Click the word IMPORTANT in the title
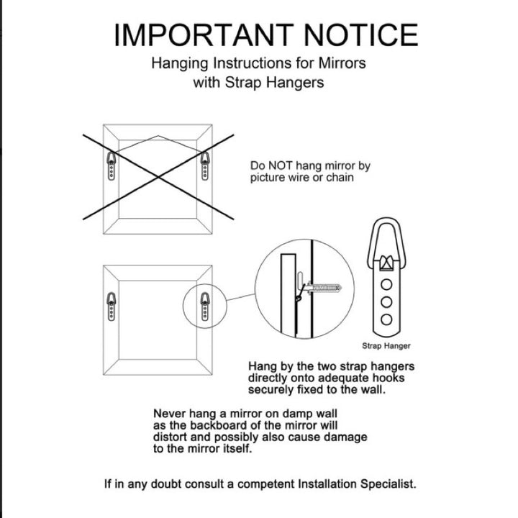click(x=204, y=35)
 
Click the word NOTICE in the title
click(x=361, y=35)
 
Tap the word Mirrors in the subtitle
click(x=342, y=63)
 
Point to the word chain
click(x=340, y=178)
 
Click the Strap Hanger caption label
click(x=386, y=346)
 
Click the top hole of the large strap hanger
click(x=386, y=284)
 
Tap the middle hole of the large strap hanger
click(x=386, y=302)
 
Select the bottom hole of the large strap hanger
click(x=386, y=319)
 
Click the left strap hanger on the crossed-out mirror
click(x=112, y=166)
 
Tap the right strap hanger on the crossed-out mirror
click(x=205, y=166)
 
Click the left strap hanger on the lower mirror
click(x=112, y=306)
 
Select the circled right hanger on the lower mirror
click(x=205, y=306)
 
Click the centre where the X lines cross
click(x=158, y=177)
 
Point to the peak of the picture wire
click(x=158, y=136)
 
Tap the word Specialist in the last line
click(x=388, y=484)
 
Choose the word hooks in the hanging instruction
click(x=388, y=378)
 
